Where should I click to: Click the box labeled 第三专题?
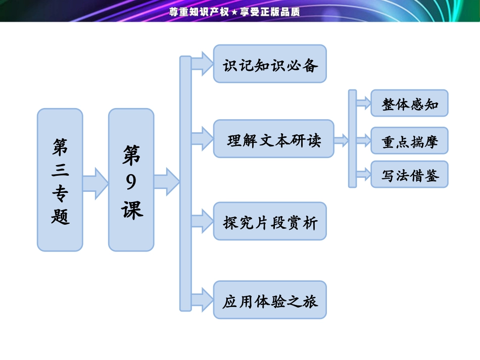[x=60, y=180]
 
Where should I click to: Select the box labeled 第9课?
[x=131, y=180]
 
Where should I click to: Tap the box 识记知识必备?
[x=270, y=64]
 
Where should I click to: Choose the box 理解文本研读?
[x=273, y=139]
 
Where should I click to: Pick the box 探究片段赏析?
[x=270, y=221]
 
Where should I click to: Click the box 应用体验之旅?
[x=270, y=300]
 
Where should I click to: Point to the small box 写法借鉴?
[x=409, y=175]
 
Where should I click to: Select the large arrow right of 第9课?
[x=166, y=181]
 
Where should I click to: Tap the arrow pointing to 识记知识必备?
[x=202, y=64]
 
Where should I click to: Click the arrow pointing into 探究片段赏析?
[x=202, y=221]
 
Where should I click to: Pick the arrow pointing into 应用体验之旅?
[x=202, y=300]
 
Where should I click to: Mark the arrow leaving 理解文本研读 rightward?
[x=342, y=140]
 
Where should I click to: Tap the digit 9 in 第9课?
[x=131, y=182]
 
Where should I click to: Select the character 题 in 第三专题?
[x=60, y=216]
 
